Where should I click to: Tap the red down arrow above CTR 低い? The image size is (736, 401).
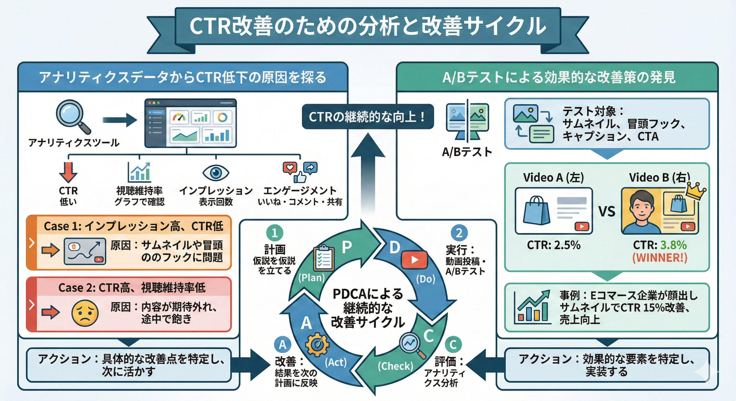(x=68, y=172)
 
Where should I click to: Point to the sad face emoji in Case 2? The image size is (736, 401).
(x=85, y=313)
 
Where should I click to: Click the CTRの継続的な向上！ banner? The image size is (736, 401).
(x=367, y=117)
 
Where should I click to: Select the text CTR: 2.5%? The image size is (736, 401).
(x=553, y=245)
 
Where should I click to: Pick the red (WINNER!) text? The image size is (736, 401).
(x=659, y=258)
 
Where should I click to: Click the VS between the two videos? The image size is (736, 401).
(x=607, y=211)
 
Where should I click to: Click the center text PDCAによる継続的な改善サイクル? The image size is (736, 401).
(x=368, y=308)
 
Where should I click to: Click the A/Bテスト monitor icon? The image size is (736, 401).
(x=467, y=122)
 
